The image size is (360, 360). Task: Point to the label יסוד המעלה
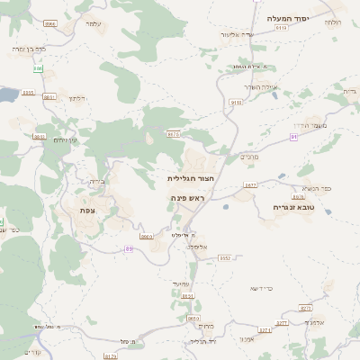[288, 18]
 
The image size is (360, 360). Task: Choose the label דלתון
[76, 95]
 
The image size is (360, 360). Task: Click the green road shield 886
[38, 68]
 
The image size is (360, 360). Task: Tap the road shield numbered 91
[293, 136]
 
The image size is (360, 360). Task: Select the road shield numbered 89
[130, 248]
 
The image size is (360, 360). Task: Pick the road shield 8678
[174, 133]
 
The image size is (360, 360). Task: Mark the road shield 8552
[225, 257]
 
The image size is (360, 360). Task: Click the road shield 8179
[111, 356]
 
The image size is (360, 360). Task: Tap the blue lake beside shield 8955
[5, 94]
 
